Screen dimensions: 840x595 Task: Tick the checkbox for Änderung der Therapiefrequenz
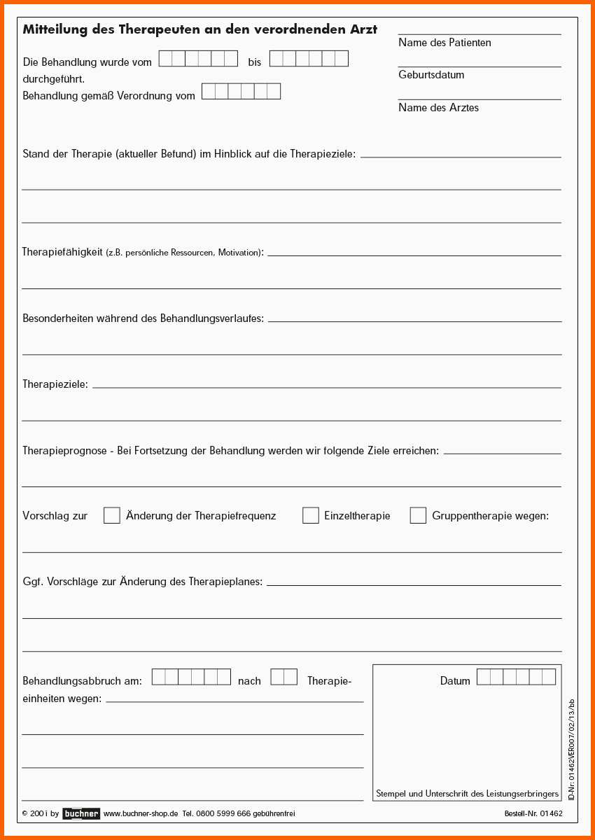point(112,515)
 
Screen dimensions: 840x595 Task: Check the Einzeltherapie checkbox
point(311,515)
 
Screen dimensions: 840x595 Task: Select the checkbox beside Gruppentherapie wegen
point(418,515)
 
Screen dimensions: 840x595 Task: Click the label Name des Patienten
point(444,43)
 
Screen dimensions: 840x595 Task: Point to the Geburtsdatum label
point(431,75)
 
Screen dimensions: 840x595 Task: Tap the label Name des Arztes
point(438,108)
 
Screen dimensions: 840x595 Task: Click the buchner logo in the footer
point(81,813)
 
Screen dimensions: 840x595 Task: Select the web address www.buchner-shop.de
point(141,813)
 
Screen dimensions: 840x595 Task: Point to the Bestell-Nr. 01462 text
point(533,813)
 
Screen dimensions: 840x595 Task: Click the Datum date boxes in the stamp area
point(516,677)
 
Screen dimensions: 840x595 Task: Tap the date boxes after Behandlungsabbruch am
point(191,677)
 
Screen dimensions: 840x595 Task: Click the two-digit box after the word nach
point(283,677)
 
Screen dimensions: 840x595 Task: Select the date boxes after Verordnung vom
point(241,92)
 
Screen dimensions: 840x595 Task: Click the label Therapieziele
point(55,384)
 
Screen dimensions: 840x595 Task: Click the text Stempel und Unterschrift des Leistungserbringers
point(467,794)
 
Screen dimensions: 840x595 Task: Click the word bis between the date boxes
point(254,62)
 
